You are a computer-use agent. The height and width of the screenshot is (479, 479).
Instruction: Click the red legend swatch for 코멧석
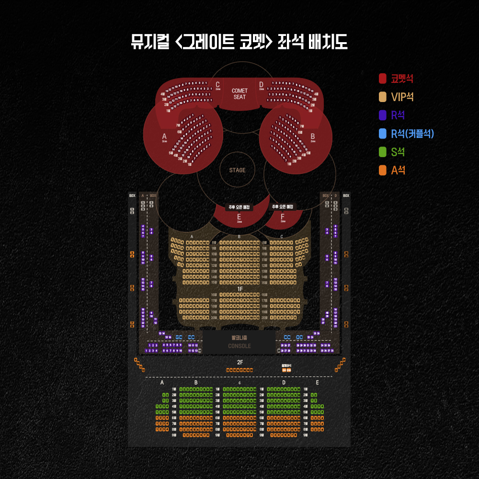pyautogui.click(x=383, y=78)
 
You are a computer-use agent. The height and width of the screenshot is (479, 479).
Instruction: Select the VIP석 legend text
pyautogui.click(x=402, y=97)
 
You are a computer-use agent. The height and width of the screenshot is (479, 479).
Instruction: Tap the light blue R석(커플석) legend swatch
pyautogui.click(x=383, y=134)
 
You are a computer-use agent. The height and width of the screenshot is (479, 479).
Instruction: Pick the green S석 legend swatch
pyautogui.click(x=383, y=152)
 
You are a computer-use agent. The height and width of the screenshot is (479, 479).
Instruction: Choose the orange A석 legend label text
pyautogui.click(x=398, y=170)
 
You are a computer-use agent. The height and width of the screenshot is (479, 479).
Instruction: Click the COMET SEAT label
pyautogui.click(x=239, y=94)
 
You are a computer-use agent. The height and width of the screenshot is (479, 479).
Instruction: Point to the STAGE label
pyautogui.click(x=237, y=170)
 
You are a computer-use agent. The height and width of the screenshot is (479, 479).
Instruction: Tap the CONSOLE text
pyautogui.click(x=239, y=346)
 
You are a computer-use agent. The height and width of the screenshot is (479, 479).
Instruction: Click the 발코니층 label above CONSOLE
pyautogui.click(x=239, y=338)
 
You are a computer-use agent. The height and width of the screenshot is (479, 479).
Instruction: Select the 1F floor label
pyautogui.click(x=240, y=289)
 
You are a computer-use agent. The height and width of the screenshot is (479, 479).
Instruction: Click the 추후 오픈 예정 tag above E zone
pyautogui.click(x=239, y=207)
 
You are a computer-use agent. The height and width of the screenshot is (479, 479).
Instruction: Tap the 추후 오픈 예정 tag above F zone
pyautogui.click(x=283, y=207)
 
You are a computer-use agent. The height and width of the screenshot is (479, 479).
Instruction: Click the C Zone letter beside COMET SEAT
pyautogui.click(x=217, y=85)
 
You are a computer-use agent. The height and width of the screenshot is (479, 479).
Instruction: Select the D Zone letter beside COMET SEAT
pyautogui.click(x=262, y=85)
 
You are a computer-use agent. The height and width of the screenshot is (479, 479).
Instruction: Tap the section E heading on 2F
pyautogui.click(x=317, y=383)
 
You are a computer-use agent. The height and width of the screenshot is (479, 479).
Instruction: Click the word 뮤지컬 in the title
pyautogui.click(x=149, y=42)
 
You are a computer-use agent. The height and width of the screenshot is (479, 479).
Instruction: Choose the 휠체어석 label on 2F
pyautogui.click(x=286, y=365)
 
